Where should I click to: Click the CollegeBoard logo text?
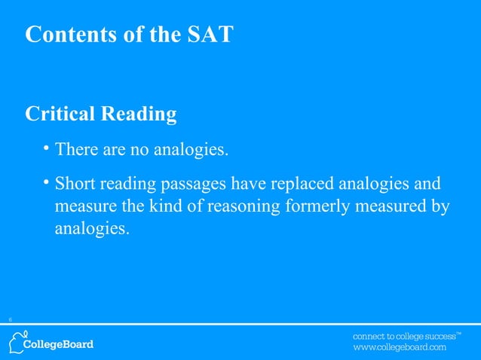(60, 345)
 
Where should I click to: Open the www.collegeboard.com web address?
(400, 348)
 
